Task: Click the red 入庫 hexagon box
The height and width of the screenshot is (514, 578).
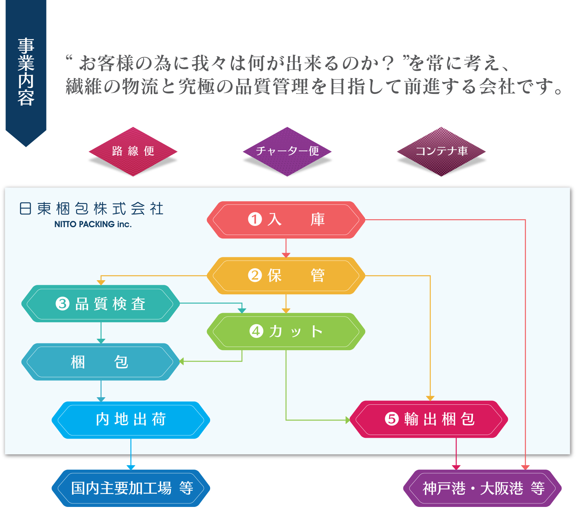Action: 286,220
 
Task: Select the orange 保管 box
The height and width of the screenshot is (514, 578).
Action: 286,275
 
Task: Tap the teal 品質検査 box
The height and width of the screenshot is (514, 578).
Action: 101,304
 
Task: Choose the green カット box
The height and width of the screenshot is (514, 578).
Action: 286,331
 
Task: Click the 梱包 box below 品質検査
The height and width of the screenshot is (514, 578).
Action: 101,362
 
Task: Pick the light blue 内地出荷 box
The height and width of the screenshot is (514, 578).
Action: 131,420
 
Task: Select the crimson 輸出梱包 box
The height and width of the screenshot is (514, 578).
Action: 428,419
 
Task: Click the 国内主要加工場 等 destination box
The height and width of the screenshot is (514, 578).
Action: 131,488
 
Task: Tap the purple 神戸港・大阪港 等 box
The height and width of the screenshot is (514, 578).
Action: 482,488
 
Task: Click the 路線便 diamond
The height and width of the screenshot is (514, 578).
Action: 133,151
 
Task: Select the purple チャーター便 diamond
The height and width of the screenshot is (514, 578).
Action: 287,151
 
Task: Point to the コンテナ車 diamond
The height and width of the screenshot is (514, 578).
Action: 441,151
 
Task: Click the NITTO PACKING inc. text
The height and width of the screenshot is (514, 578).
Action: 93,224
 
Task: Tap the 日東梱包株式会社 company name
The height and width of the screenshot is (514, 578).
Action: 91,209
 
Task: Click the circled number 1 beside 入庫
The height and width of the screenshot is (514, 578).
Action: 255,219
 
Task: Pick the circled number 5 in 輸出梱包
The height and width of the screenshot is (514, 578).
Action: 391,419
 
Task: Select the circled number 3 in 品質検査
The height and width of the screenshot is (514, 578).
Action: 62,304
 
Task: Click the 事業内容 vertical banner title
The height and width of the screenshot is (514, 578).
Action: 26,72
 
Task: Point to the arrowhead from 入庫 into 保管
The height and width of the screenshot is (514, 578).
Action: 286,255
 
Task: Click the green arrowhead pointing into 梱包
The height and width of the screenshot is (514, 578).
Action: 181,361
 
